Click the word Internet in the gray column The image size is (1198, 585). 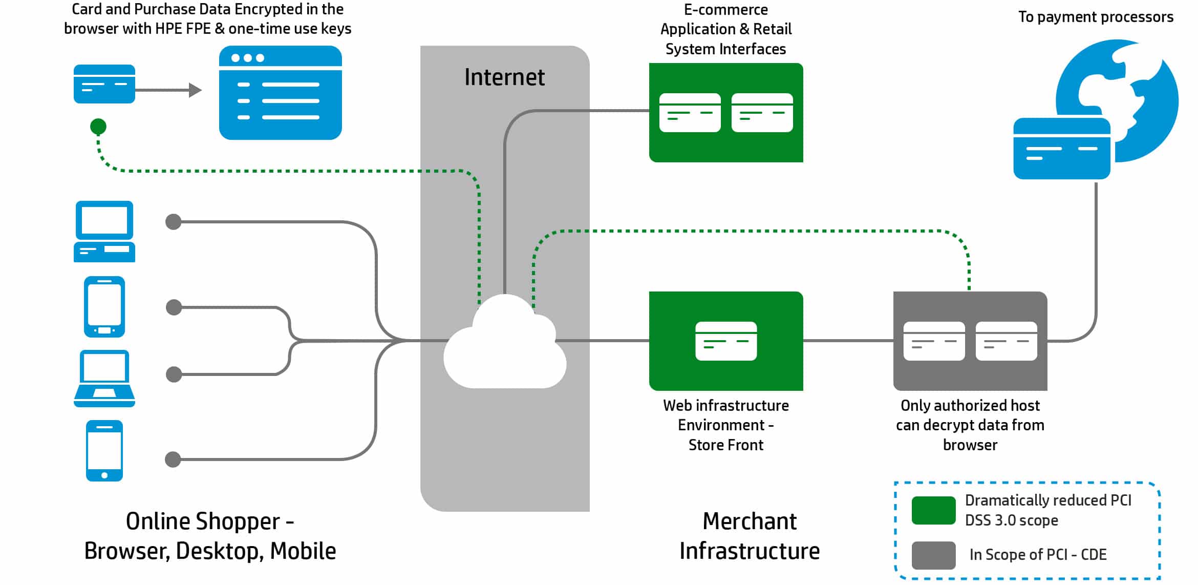coord(504,77)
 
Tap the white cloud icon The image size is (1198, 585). coord(505,342)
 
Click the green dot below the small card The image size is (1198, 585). coord(98,126)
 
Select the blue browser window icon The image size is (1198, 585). coord(281,93)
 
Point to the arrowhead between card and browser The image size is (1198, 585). coord(195,90)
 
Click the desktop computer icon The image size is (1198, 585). coord(104,232)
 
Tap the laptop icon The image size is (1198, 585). coord(104,379)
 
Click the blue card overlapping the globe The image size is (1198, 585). coord(1062,149)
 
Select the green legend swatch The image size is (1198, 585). coord(933,510)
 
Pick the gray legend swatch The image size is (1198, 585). coord(933,555)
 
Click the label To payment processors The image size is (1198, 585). coord(1096,17)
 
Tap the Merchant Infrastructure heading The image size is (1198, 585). coord(750,536)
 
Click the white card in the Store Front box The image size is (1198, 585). coord(726,341)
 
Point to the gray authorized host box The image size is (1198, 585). coord(970,341)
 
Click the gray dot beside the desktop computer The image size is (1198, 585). coord(174,222)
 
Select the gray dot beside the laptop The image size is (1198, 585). coord(174,374)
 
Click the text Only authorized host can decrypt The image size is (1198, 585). coord(970,415)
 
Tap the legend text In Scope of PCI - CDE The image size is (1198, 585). coord(1038,555)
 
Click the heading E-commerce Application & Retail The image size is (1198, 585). coord(726,19)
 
